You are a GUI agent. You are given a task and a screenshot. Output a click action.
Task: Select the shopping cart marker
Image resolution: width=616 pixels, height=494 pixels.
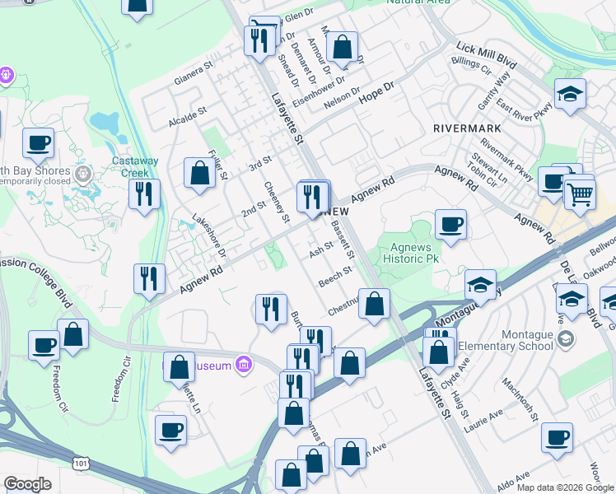580,194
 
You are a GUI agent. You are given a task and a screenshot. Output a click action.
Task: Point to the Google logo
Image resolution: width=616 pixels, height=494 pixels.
27,484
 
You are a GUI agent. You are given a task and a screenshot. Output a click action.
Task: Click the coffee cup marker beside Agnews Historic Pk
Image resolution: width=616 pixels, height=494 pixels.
450,224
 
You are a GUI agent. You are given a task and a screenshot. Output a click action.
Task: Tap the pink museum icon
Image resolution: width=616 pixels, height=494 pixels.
243,363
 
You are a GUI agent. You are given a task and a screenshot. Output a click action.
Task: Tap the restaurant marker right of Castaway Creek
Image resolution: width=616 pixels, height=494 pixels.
145,194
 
